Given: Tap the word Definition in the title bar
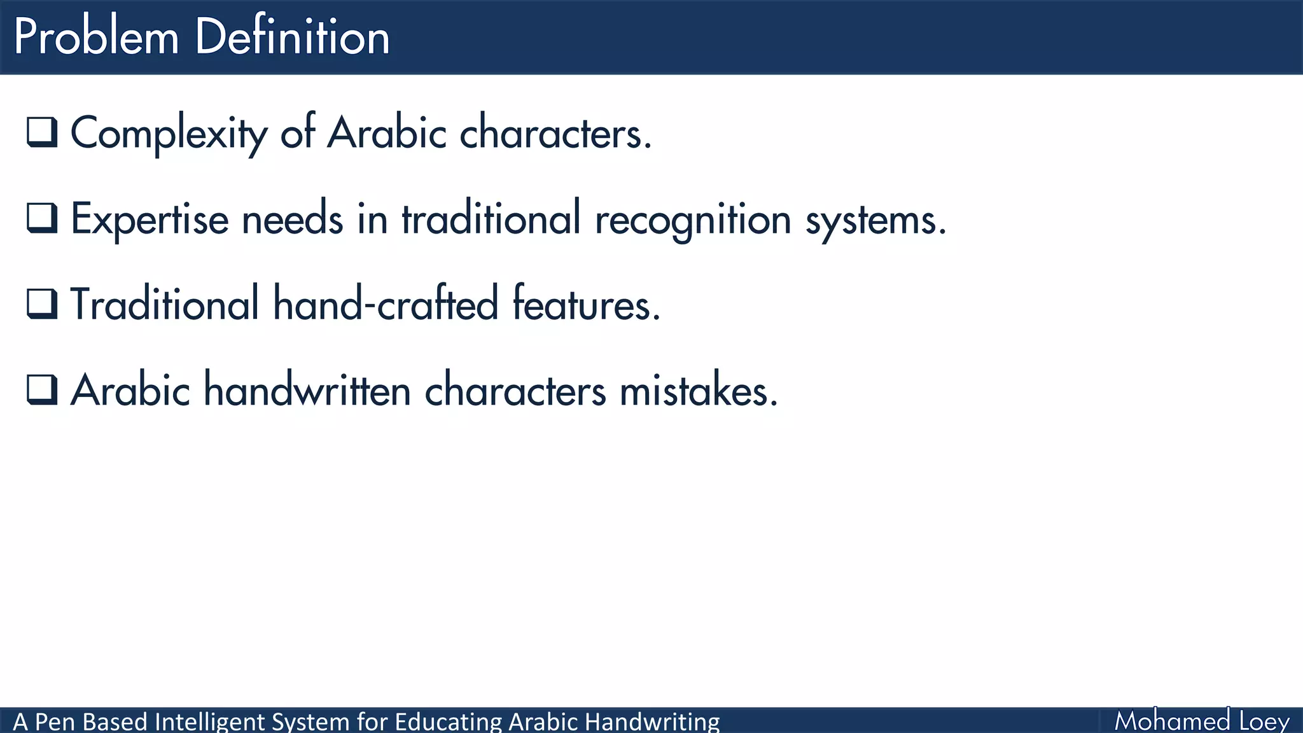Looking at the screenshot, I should pos(292,37).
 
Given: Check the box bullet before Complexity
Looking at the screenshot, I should pos(42,132).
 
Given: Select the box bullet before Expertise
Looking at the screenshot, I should pos(42,218).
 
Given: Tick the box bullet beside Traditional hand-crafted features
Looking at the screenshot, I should pos(42,304).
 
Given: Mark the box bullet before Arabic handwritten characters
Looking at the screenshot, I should pos(42,389).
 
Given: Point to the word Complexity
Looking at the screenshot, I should pos(169,134).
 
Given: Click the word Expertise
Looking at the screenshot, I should pos(149,220).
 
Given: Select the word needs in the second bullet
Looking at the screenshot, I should pos(292,220).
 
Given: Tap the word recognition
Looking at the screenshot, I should pos(693,220).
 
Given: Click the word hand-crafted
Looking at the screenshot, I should pos(386,304).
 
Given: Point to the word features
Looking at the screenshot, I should pos(586,304).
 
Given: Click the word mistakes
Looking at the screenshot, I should pos(698,390).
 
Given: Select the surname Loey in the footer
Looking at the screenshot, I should pos(1264,722).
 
